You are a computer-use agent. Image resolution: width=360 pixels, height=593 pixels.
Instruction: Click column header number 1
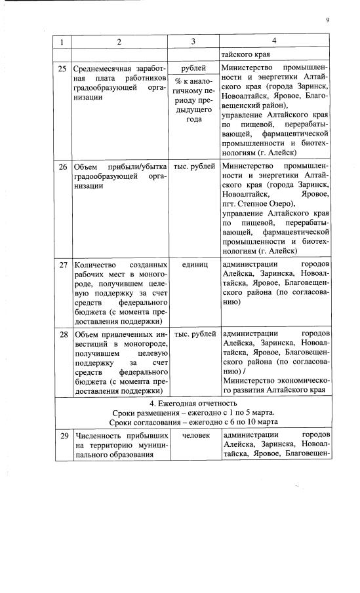tap(63, 43)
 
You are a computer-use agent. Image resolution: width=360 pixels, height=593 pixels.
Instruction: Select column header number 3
tap(193, 43)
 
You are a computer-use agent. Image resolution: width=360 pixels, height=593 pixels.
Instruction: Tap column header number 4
tap(275, 43)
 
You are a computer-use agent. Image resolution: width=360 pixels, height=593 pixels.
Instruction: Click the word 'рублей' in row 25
tap(193, 67)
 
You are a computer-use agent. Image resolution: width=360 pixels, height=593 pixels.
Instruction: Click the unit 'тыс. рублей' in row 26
tap(193, 166)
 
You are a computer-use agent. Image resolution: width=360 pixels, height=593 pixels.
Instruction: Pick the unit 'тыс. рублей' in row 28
tap(193, 335)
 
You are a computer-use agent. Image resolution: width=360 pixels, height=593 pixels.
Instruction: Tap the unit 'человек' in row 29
tap(193, 435)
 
